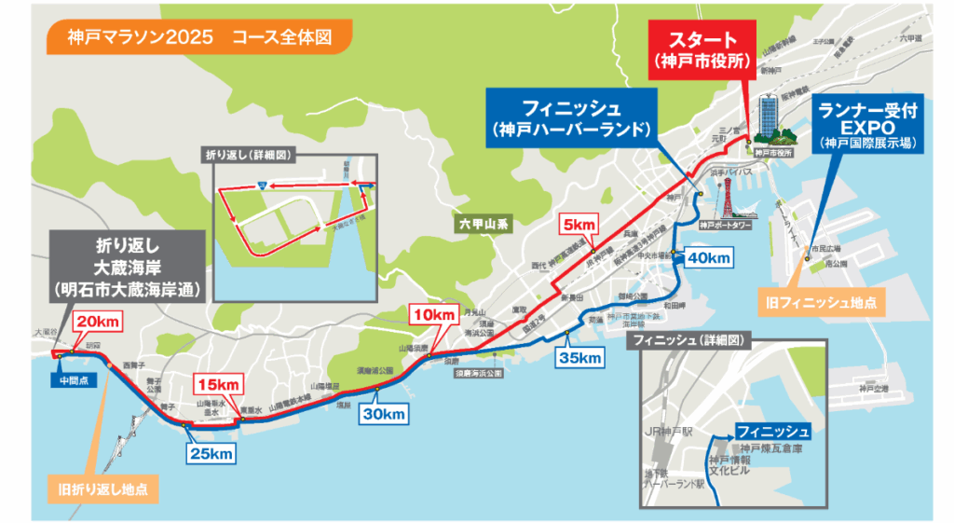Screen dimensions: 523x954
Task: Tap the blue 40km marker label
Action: (x=709, y=256)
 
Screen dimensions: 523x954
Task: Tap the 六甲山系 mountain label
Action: (x=477, y=224)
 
